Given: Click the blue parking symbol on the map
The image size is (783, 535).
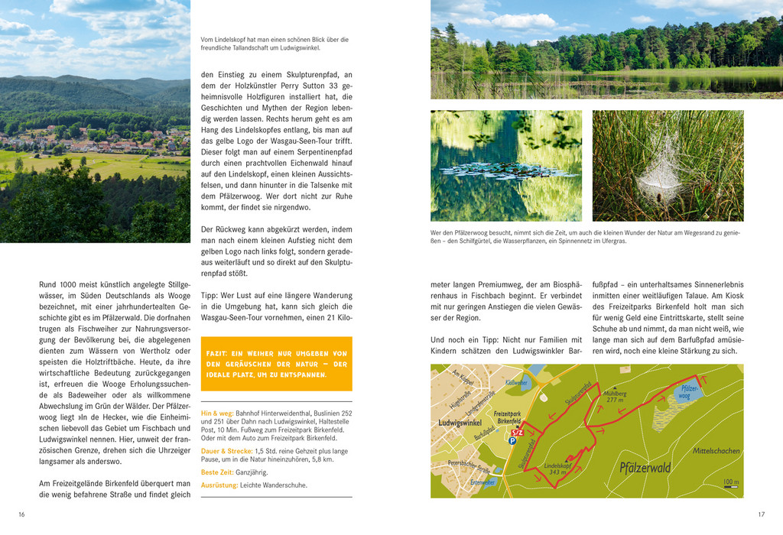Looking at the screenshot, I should coord(512,441).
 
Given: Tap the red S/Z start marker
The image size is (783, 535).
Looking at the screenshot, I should coord(518,433).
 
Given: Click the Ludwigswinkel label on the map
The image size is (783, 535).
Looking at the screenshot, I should coord(460,422).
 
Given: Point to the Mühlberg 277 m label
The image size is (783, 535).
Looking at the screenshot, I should coord(615,396).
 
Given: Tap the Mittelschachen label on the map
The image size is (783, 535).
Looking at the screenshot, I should coord(716,451).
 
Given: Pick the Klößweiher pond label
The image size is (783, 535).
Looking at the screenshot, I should coord(516,382).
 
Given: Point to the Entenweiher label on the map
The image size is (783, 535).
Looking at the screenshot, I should coord(482,482).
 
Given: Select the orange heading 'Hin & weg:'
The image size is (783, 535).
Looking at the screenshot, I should coord(216,413).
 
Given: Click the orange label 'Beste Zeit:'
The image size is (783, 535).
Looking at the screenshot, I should coord(217,473).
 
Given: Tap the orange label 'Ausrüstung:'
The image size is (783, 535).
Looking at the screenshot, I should coord(219,485).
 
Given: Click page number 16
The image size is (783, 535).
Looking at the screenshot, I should coord(21,514).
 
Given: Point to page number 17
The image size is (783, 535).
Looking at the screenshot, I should coord(761,514).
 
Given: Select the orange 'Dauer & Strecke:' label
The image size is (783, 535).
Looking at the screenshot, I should coord(228,451).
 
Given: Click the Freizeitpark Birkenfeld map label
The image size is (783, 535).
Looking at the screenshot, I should coord(508,417).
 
